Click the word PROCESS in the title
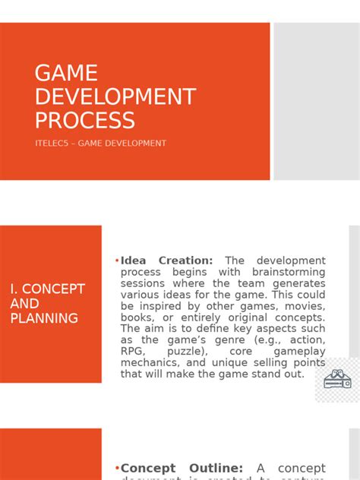85,120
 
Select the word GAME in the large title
66,73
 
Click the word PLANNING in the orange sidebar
44,318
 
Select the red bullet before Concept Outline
117,469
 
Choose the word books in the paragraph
138,317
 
